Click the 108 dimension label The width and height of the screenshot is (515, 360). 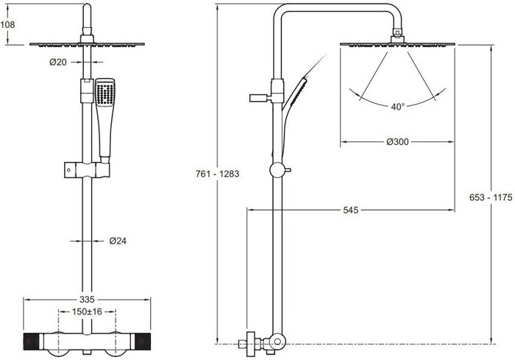(7, 24)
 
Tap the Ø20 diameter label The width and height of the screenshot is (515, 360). (58, 62)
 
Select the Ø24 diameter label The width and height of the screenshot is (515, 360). (118, 241)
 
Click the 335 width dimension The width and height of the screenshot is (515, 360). (87, 300)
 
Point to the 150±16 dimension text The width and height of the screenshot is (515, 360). (87, 311)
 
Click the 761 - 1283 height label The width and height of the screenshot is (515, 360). (218, 174)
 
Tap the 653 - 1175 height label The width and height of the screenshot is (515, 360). (491, 197)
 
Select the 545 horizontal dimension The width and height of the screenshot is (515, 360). (350, 210)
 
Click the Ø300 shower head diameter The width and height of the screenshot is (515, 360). (397, 141)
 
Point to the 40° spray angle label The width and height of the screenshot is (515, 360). (398, 107)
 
